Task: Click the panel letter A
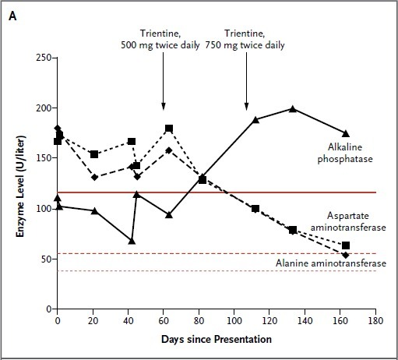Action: (x=12, y=16)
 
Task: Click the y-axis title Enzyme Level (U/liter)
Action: (x=20, y=186)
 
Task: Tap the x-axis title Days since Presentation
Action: (x=217, y=340)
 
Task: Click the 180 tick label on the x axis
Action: (x=375, y=321)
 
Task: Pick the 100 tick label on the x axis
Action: (x=234, y=321)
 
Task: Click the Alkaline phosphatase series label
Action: (x=345, y=153)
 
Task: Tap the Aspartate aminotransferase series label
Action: (x=348, y=221)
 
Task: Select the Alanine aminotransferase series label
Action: (x=331, y=263)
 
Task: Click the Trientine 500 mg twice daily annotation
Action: (x=160, y=39)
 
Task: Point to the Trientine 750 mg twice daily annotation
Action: (x=245, y=39)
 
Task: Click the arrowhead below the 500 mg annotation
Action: (x=164, y=106)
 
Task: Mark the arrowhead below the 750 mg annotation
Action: (x=247, y=106)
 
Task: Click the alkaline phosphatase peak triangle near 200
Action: (x=293, y=109)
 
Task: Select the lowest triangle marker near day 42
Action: (x=132, y=241)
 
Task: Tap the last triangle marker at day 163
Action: (x=346, y=133)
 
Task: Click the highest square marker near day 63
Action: (x=169, y=129)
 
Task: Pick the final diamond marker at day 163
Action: (x=346, y=255)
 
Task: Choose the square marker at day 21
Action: (x=94, y=154)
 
